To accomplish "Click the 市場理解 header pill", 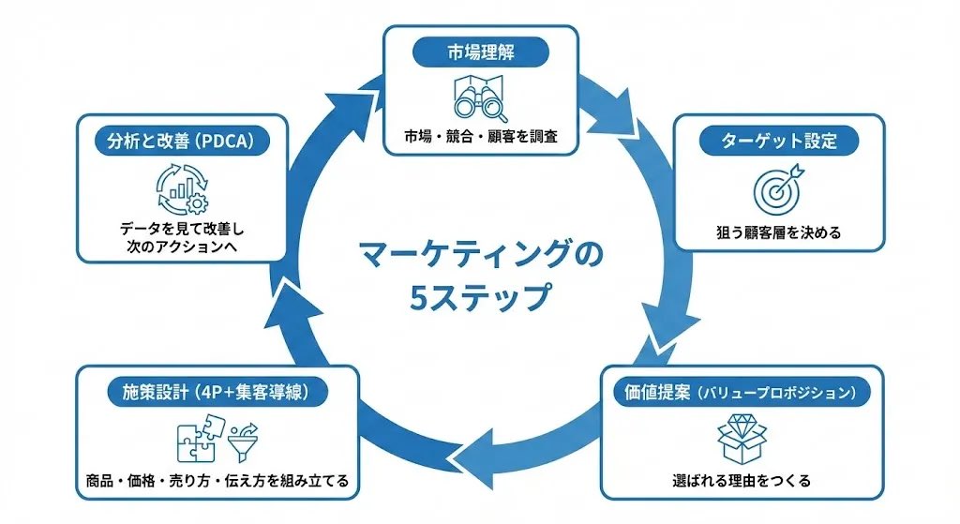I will [480, 52].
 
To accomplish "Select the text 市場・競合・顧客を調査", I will [480, 137].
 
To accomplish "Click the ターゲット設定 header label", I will [778, 142].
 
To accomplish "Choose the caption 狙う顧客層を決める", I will [778, 232].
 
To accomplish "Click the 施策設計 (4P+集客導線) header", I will [217, 392].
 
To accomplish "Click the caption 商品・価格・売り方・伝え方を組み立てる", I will [217, 481].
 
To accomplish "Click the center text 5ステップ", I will [480, 297].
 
